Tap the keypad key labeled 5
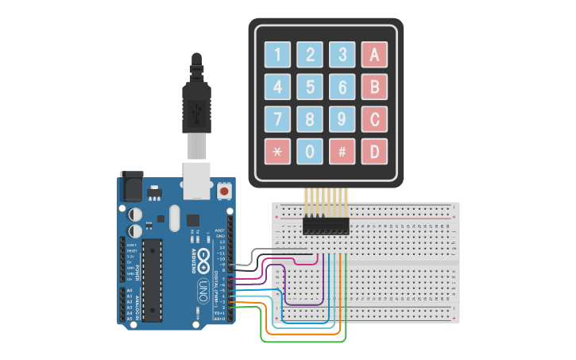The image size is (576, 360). point(310,87)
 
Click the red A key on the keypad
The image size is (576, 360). point(374,55)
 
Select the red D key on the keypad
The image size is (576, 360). point(374,151)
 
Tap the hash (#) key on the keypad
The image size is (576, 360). point(342,151)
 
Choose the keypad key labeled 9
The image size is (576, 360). point(342,119)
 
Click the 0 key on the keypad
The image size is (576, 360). point(310,151)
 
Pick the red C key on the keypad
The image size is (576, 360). point(374,119)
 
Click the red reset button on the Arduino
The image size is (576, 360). point(224,192)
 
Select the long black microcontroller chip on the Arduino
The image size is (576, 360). point(153,279)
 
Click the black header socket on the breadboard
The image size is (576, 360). point(326,226)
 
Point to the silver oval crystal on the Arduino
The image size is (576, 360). point(175,217)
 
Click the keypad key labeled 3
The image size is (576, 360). point(342,55)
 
